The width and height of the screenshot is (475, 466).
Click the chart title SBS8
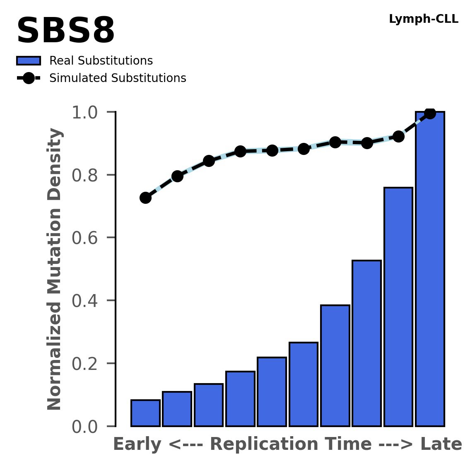pyautogui.click(x=65, y=31)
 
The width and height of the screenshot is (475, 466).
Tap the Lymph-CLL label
pyautogui.click(x=423, y=19)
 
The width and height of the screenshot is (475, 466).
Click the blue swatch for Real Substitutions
pyautogui.click(x=28, y=61)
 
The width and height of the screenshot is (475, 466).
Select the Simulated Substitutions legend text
pyautogui.click(x=118, y=78)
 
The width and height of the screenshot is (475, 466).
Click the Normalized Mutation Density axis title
pyautogui.click(x=55, y=269)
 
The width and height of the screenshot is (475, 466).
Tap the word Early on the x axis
pyautogui.click(x=137, y=444)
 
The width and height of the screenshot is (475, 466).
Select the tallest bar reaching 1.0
pyautogui.click(x=430, y=269)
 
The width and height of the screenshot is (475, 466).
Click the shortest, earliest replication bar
pyautogui.click(x=145, y=413)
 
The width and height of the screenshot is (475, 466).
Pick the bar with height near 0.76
pyautogui.click(x=398, y=307)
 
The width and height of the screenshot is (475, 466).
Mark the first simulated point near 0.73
pyautogui.click(x=145, y=198)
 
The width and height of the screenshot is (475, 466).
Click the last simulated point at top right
pyautogui.click(x=430, y=113)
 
